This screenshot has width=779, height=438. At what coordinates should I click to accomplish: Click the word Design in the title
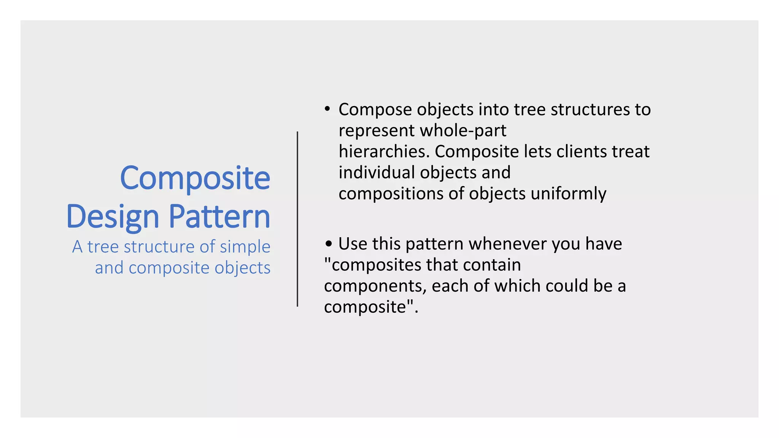click(112, 217)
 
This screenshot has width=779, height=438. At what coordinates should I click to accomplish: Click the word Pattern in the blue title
click(219, 217)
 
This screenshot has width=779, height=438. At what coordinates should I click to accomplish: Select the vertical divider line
click(297, 219)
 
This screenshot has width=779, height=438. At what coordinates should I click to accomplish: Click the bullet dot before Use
click(329, 244)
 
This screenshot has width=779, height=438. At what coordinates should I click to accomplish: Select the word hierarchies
click(384, 152)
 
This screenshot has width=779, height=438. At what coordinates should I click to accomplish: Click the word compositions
click(391, 194)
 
